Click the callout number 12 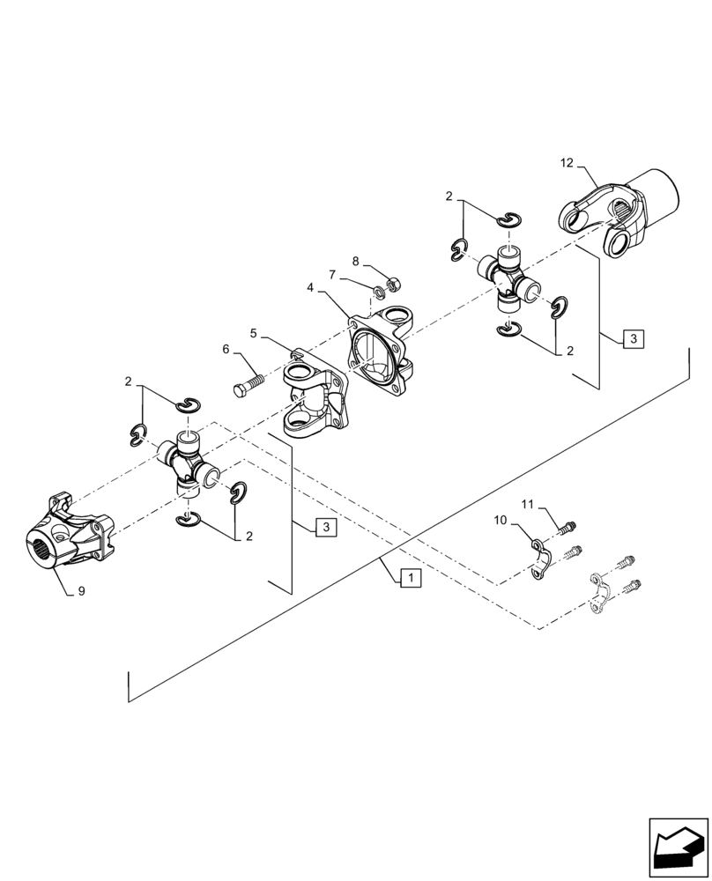click(566, 162)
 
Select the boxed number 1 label click(411, 579)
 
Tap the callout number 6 click(226, 350)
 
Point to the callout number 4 click(310, 286)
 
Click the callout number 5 click(253, 333)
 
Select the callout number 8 click(355, 261)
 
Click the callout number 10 click(500, 522)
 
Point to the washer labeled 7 click(378, 291)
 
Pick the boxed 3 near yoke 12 click(633, 338)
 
